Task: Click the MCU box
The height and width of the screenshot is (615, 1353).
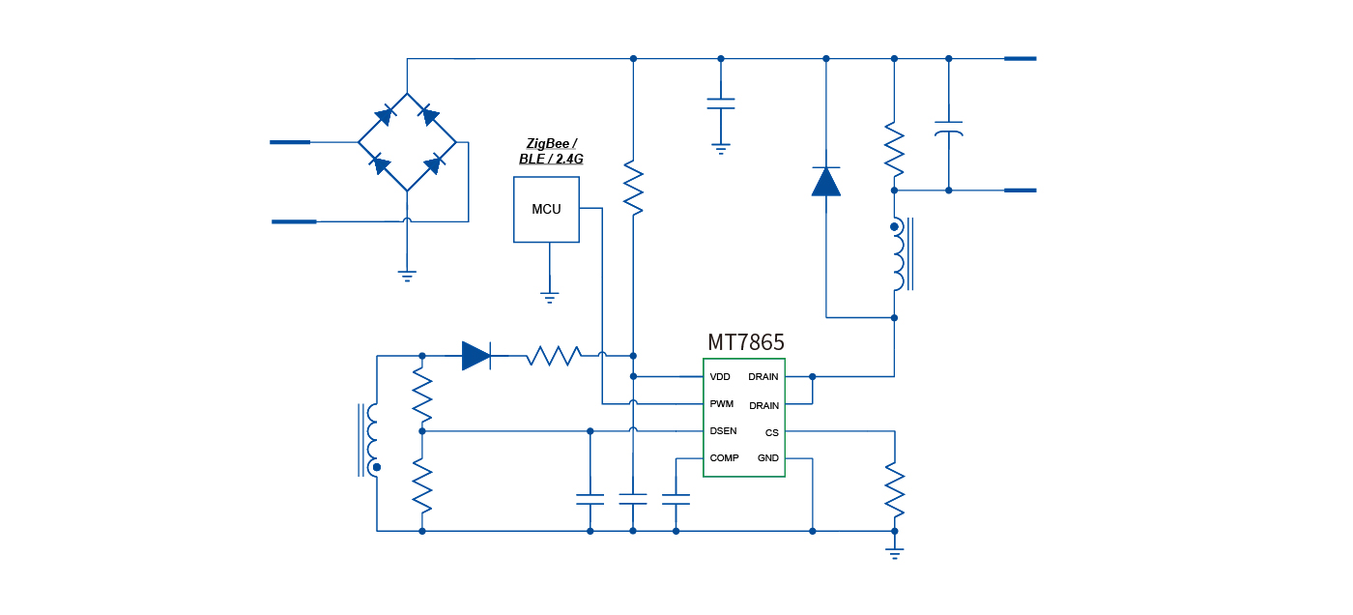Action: [x=546, y=209]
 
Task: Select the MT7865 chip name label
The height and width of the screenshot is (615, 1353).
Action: [x=745, y=342]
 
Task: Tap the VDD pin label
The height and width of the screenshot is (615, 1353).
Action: [x=720, y=377]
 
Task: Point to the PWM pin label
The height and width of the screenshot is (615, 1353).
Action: [x=721, y=403]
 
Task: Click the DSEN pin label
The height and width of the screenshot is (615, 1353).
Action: [x=723, y=431]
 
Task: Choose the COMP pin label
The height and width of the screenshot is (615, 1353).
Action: [x=724, y=458]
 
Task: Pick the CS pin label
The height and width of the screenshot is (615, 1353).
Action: [x=771, y=433]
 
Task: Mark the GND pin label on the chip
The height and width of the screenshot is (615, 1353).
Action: [x=768, y=458]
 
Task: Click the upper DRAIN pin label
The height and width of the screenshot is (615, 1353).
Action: [x=763, y=377]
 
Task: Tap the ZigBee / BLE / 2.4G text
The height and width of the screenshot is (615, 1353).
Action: [x=551, y=151]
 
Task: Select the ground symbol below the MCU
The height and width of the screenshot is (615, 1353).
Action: [x=550, y=297]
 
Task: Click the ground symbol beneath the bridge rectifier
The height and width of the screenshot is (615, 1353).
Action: [x=407, y=276]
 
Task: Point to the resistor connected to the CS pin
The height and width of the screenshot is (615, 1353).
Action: [x=895, y=490]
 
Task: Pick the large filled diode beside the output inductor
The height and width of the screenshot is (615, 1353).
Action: [x=825, y=181]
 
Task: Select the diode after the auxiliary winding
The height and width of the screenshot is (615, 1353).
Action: [x=476, y=356]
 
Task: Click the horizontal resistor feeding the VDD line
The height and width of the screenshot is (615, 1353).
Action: [x=553, y=356]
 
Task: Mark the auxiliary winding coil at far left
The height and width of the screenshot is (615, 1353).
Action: [x=372, y=440]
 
